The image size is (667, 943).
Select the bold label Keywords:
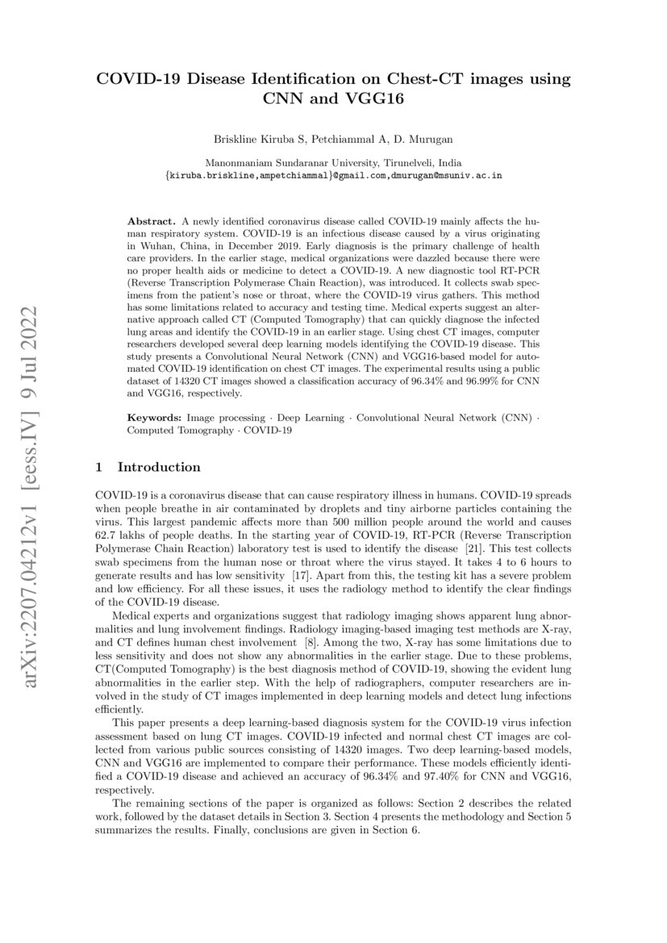(156, 419)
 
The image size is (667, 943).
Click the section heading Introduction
(159, 467)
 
